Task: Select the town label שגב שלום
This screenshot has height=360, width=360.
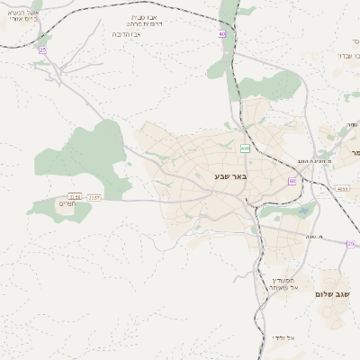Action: pyautogui.click(x=332, y=294)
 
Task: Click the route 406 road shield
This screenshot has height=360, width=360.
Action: pyautogui.click(x=244, y=148)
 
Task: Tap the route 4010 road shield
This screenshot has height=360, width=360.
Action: pyautogui.click(x=341, y=189)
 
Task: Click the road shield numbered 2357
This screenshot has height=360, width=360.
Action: pyautogui.click(x=94, y=196)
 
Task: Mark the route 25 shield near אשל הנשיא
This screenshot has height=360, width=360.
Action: pyautogui.click(x=42, y=49)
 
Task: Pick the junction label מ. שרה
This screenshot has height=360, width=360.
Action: pyautogui.click(x=326, y=237)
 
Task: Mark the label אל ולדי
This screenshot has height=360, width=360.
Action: pyautogui.click(x=285, y=337)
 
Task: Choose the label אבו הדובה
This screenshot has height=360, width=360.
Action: pyautogui.click(x=131, y=33)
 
